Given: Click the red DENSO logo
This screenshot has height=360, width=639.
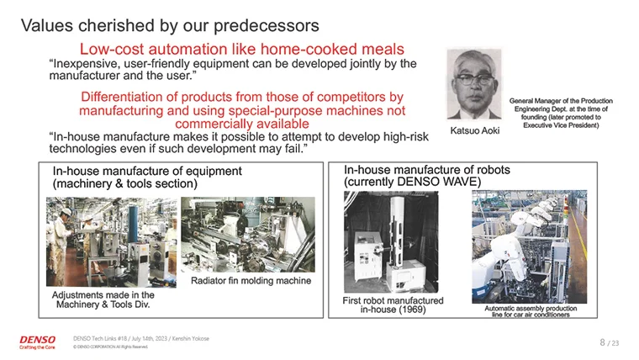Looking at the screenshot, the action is (x=38, y=340).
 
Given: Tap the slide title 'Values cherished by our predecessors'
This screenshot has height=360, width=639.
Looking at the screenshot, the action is (x=170, y=25).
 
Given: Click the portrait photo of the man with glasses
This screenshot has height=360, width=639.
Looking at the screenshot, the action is (x=474, y=84).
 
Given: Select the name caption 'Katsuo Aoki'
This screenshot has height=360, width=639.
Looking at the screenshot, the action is (x=475, y=130).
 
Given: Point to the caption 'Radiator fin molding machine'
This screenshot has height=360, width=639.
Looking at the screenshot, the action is (x=251, y=280).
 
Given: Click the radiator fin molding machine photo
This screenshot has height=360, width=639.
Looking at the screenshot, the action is (x=248, y=235).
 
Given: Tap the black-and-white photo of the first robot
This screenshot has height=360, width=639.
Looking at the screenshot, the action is (x=391, y=241).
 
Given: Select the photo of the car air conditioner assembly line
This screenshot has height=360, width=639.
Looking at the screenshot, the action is (x=530, y=246).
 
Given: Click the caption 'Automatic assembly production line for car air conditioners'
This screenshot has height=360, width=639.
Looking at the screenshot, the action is (x=531, y=311).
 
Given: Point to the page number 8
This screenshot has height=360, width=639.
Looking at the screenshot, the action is (x=602, y=342).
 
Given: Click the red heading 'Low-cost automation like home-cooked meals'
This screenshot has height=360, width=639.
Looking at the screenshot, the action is (x=241, y=49).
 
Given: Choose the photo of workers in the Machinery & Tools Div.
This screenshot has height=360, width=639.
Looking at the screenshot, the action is (x=111, y=241).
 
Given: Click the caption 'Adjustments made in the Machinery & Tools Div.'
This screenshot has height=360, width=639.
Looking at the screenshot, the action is (x=103, y=299).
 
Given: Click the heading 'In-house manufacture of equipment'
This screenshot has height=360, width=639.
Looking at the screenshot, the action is (x=147, y=171).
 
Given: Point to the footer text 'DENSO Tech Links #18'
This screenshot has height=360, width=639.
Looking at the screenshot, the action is (x=100, y=338).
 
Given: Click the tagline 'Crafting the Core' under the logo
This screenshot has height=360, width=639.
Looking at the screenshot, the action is (x=37, y=347).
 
